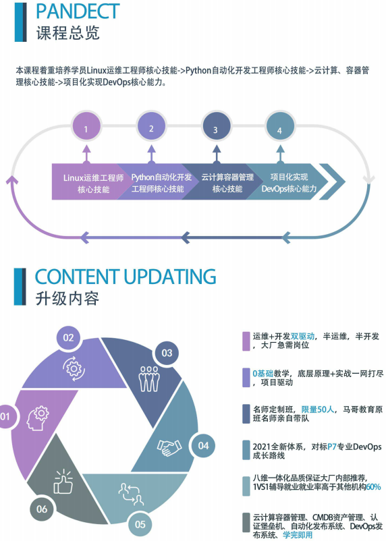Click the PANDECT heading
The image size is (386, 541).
click(78, 11)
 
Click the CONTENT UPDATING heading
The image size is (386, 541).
click(126, 277)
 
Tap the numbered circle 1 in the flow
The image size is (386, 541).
click(86, 127)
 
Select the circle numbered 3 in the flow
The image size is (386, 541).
click(215, 127)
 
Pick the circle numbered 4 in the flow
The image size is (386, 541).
click(279, 127)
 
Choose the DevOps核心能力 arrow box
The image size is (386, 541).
click(287, 182)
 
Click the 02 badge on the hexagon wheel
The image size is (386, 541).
click(68, 337)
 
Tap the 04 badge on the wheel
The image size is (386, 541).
click(203, 445)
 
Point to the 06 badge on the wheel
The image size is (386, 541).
click(42, 509)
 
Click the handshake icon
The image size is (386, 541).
click(169, 447)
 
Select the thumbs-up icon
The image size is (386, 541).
click(63, 482)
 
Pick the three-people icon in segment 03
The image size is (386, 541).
click(149, 378)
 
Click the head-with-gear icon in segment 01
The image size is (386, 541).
click(38, 418)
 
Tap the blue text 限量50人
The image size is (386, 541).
click(318, 409)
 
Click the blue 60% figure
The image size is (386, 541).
click(373, 487)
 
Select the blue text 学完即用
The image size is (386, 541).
click(298, 535)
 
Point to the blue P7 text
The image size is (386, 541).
click(332, 447)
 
